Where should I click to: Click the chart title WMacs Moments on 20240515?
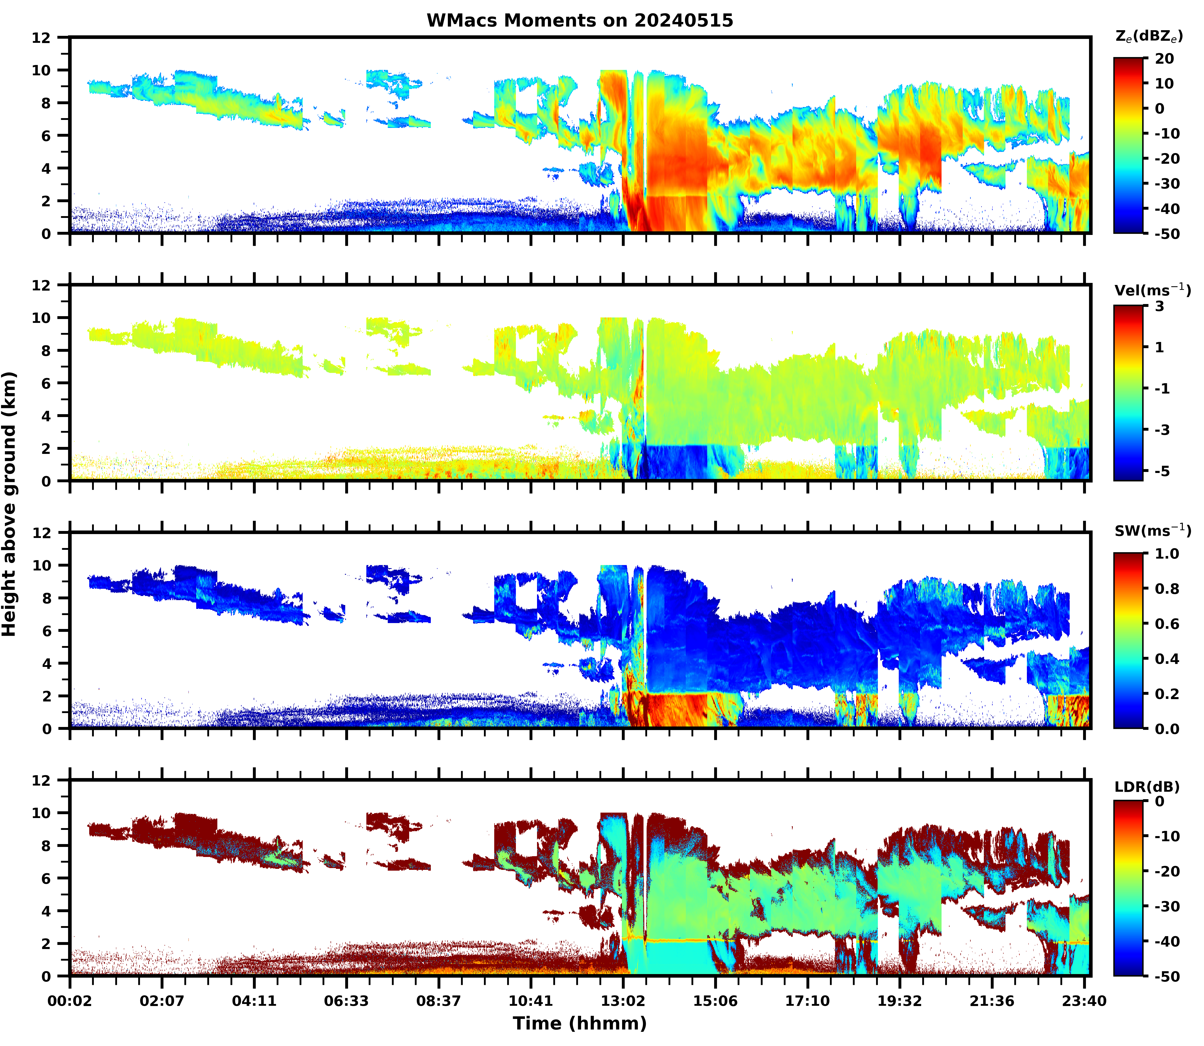tap(580, 20)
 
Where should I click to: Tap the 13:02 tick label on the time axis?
tap(623, 1001)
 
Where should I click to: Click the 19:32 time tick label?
tap(899, 1001)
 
